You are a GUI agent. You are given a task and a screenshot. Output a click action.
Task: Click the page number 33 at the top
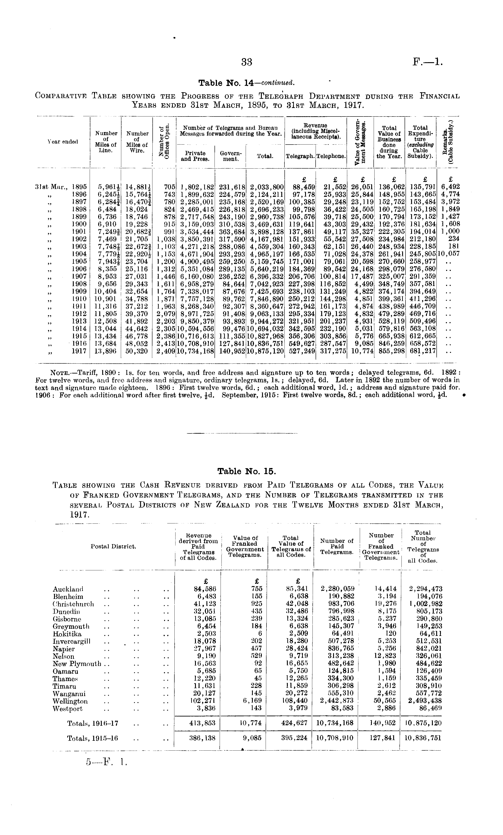point(247,62)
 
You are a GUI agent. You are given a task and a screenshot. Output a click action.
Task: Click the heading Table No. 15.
point(247,471)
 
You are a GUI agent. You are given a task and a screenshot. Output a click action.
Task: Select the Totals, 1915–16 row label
point(92,738)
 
